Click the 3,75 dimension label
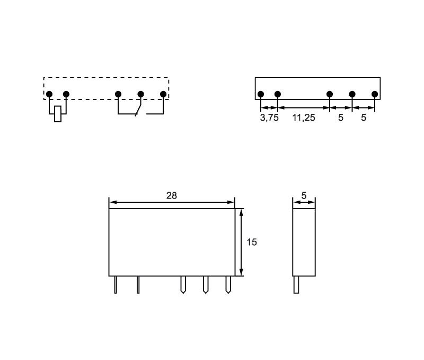click(269, 118)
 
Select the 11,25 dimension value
click(304, 118)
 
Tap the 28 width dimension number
click(172, 195)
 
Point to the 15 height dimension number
click(251, 242)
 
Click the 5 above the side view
click(304, 195)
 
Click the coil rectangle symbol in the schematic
click(58, 114)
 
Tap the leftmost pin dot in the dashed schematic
click(49, 94)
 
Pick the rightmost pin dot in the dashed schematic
click(163, 94)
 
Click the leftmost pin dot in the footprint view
click(261, 94)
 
